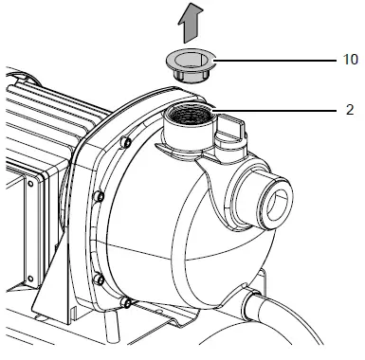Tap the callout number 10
(x=351, y=60)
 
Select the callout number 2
(x=351, y=108)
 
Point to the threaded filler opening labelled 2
(x=188, y=123)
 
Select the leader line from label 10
(x=275, y=61)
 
